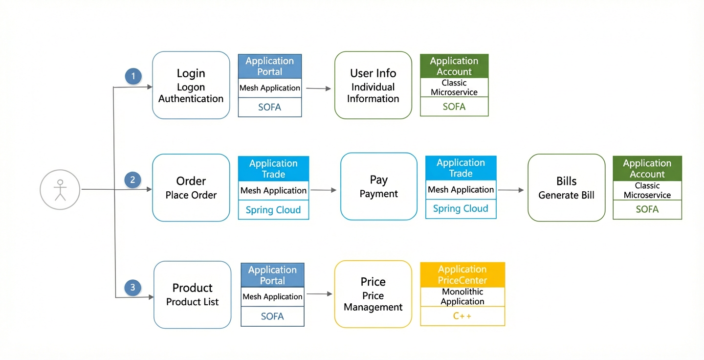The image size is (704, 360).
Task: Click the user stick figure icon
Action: [60, 190]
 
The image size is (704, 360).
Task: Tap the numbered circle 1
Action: [133, 76]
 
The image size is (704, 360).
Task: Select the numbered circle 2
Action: [132, 180]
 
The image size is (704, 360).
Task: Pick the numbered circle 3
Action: [132, 288]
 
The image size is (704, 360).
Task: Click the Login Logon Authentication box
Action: [191, 85]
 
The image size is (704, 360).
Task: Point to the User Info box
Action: [373, 85]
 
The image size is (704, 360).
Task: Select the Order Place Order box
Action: [191, 188]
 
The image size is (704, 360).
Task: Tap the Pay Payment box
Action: [379, 186]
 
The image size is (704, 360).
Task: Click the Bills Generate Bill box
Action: [566, 188]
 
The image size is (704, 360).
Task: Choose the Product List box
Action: [192, 294]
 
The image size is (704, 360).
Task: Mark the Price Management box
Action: [373, 294]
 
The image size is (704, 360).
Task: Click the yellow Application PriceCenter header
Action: [462, 275]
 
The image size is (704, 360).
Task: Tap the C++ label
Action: [462, 316]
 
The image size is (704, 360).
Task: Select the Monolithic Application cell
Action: [462, 296]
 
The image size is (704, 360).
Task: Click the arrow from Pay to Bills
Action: [511, 190]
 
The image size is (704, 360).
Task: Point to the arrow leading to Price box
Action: [319, 294]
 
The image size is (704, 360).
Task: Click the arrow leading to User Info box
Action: [318, 89]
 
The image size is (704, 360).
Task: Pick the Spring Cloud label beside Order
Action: [273, 210]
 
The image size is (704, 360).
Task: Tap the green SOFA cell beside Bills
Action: [647, 209]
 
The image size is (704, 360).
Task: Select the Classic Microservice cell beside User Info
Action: [454, 88]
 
